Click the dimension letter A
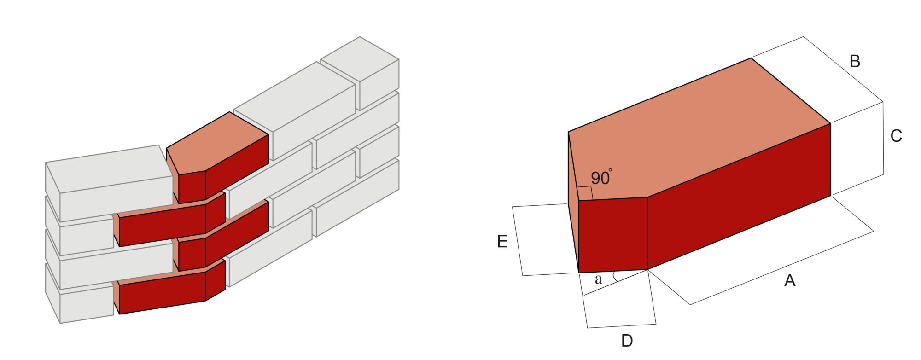(789, 280)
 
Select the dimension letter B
(855, 61)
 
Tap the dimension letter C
(896, 136)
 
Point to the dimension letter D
(627, 341)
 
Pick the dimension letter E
(502, 241)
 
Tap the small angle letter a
(598, 279)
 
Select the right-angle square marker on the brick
(585, 193)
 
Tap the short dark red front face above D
(613, 235)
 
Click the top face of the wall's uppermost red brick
(216, 143)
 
